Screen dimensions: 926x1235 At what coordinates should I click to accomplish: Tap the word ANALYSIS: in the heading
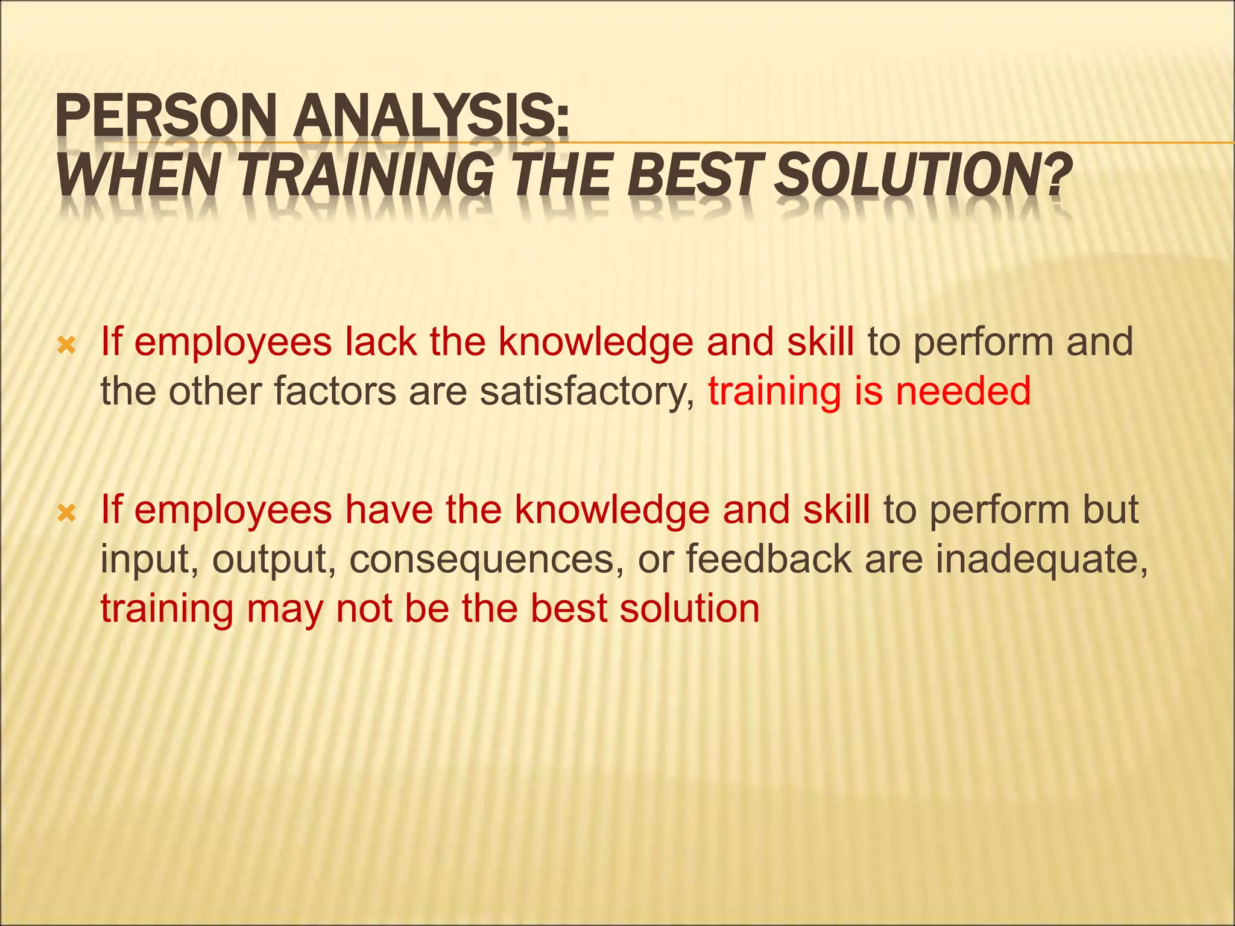pos(431,118)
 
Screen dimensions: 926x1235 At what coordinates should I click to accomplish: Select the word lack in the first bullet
pos(381,342)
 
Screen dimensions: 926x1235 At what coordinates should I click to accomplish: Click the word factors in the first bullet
pos(335,391)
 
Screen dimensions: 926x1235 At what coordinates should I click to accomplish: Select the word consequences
pos(486,559)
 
